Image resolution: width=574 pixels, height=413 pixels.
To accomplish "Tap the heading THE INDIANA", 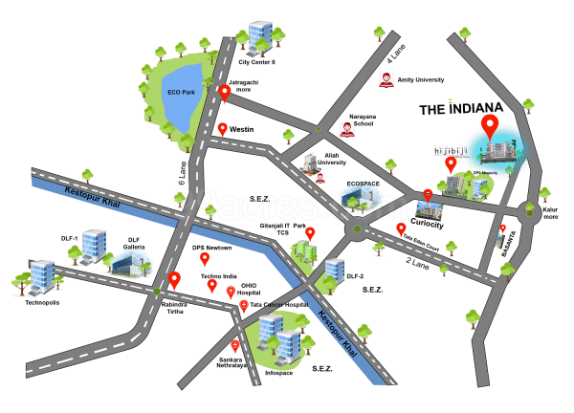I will [x=458, y=110].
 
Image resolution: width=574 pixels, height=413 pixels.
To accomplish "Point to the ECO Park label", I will [x=181, y=92].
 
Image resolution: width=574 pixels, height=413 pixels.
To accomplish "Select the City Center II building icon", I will [x=257, y=37].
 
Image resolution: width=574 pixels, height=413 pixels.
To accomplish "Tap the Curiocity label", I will [x=432, y=223].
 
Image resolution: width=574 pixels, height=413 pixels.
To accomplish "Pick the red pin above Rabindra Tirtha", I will [x=175, y=280].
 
